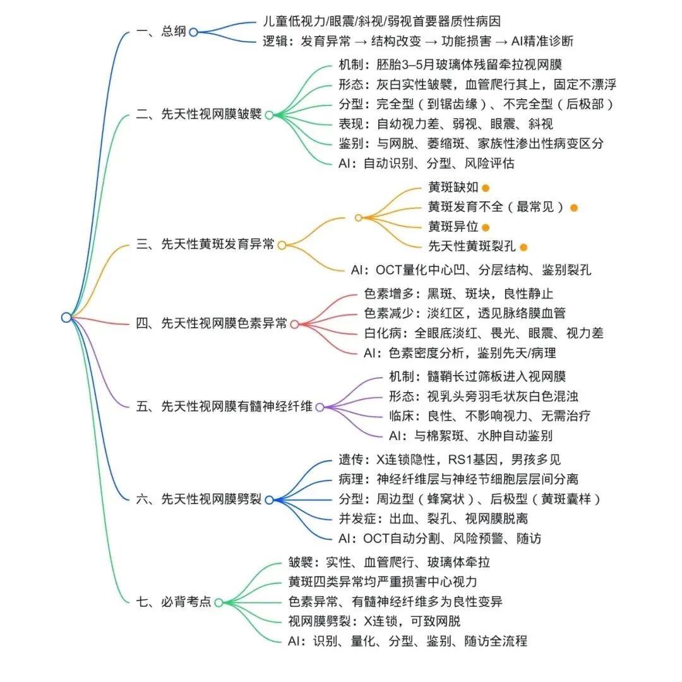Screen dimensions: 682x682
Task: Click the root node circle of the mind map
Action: pos(66,318)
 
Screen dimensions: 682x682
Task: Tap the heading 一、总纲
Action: pos(162,31)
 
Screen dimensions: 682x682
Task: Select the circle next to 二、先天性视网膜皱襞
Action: pos(268,115)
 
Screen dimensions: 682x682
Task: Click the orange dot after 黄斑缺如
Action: pos(486,188)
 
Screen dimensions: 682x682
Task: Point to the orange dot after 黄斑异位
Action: pos(485,227)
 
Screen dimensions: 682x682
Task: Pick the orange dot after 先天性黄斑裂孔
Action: pos(523,247)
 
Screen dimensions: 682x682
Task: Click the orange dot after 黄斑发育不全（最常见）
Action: pos(573,208)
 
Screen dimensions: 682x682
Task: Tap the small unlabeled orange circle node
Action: pos(358,218)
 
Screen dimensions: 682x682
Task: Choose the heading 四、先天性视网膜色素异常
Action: pos(212,324)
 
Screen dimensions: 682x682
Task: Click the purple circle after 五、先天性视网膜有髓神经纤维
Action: pos(320,407)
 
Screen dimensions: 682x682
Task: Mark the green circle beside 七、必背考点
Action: pos(218,602)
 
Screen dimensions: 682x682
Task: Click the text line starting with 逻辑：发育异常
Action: pos(418,42)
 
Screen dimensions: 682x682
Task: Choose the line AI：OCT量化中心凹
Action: pos(471,270)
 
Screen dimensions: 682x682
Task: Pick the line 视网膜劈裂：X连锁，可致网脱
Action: pos(392,621)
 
